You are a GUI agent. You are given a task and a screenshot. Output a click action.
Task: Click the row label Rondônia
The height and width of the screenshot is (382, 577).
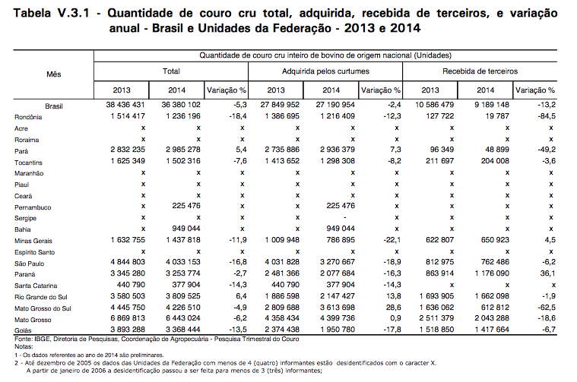[28, 117]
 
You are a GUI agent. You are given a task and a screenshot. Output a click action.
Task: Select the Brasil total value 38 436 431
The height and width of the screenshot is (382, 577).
[125, 105]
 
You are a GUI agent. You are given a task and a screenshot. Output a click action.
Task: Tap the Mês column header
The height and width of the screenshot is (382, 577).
[54, 74]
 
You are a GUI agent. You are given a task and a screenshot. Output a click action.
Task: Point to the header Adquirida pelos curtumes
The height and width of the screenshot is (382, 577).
[325, 71]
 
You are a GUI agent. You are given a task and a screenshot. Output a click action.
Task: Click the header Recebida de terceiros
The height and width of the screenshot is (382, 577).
[480, 71]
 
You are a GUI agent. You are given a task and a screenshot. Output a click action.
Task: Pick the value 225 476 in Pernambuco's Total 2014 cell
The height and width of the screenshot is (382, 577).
[186, 206]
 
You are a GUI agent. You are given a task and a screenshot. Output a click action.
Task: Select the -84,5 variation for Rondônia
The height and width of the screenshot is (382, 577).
[547, 116]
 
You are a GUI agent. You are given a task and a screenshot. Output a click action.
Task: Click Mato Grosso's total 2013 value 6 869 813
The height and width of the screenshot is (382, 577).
[128, 318]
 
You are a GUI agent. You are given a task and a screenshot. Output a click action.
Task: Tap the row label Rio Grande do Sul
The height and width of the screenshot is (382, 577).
[41, 297]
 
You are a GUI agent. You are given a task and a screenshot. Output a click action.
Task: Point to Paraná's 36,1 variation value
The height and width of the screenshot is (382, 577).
[548, 273]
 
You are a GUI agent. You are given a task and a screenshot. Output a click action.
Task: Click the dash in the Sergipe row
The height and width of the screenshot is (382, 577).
[345, 218]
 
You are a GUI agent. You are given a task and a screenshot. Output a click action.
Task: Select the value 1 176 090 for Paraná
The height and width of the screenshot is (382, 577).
[492, 273]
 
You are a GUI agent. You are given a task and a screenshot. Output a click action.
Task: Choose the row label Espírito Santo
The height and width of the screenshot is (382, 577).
[35, 253]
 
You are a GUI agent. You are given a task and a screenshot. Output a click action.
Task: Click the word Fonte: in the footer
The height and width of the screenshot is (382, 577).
[24, 339]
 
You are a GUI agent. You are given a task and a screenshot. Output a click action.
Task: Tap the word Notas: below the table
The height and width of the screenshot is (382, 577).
[24, 347]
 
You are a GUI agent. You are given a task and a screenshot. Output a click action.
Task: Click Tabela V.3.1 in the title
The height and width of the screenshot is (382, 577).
[52, 13]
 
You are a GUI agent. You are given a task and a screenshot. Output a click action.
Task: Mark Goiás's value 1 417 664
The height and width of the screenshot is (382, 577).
[492, 330]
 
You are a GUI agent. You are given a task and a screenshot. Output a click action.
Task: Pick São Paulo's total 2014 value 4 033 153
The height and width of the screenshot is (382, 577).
[183, 262]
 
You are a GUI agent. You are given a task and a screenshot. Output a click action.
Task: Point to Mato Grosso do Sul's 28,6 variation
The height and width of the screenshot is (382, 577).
[393, 308]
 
